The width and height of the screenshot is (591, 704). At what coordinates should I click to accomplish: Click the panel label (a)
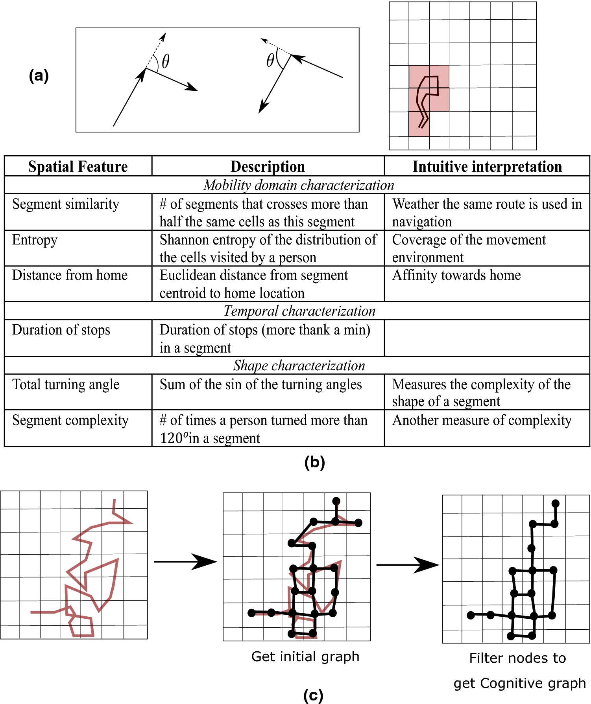point(39,75)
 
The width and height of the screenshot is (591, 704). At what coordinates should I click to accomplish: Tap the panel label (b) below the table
point(314,462)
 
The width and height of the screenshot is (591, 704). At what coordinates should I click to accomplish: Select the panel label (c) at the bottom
point(313,695)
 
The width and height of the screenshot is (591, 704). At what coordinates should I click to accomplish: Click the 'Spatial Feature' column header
point(78,167)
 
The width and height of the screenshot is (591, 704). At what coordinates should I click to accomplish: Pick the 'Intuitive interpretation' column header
point(487,167)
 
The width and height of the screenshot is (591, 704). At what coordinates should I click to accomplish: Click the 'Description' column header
point(268,167)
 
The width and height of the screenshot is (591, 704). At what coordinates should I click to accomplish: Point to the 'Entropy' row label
point(35,240)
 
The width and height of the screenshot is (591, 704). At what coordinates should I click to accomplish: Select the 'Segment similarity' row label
point(65,204)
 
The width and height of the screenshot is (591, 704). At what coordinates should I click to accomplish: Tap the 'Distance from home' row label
point(70,275)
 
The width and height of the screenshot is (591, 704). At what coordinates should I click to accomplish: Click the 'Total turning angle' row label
point(66,384)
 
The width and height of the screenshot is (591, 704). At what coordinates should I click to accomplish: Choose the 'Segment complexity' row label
point(70,420)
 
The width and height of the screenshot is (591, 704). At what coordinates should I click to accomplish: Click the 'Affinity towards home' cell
point(456,275)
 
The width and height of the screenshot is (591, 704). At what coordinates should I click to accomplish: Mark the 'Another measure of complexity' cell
point(482,420)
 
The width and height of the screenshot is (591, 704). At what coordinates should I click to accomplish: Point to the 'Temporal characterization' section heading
point(299,311)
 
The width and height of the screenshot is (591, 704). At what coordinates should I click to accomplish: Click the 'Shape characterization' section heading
point(299,366)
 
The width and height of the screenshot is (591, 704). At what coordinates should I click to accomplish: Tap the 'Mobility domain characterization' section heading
point(299,185)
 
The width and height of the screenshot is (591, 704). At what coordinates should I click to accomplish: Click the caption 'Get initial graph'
point(305,656)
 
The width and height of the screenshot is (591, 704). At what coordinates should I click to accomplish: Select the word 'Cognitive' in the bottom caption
point(505,684)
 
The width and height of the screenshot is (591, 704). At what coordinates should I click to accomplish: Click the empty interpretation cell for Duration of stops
point(487,338)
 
